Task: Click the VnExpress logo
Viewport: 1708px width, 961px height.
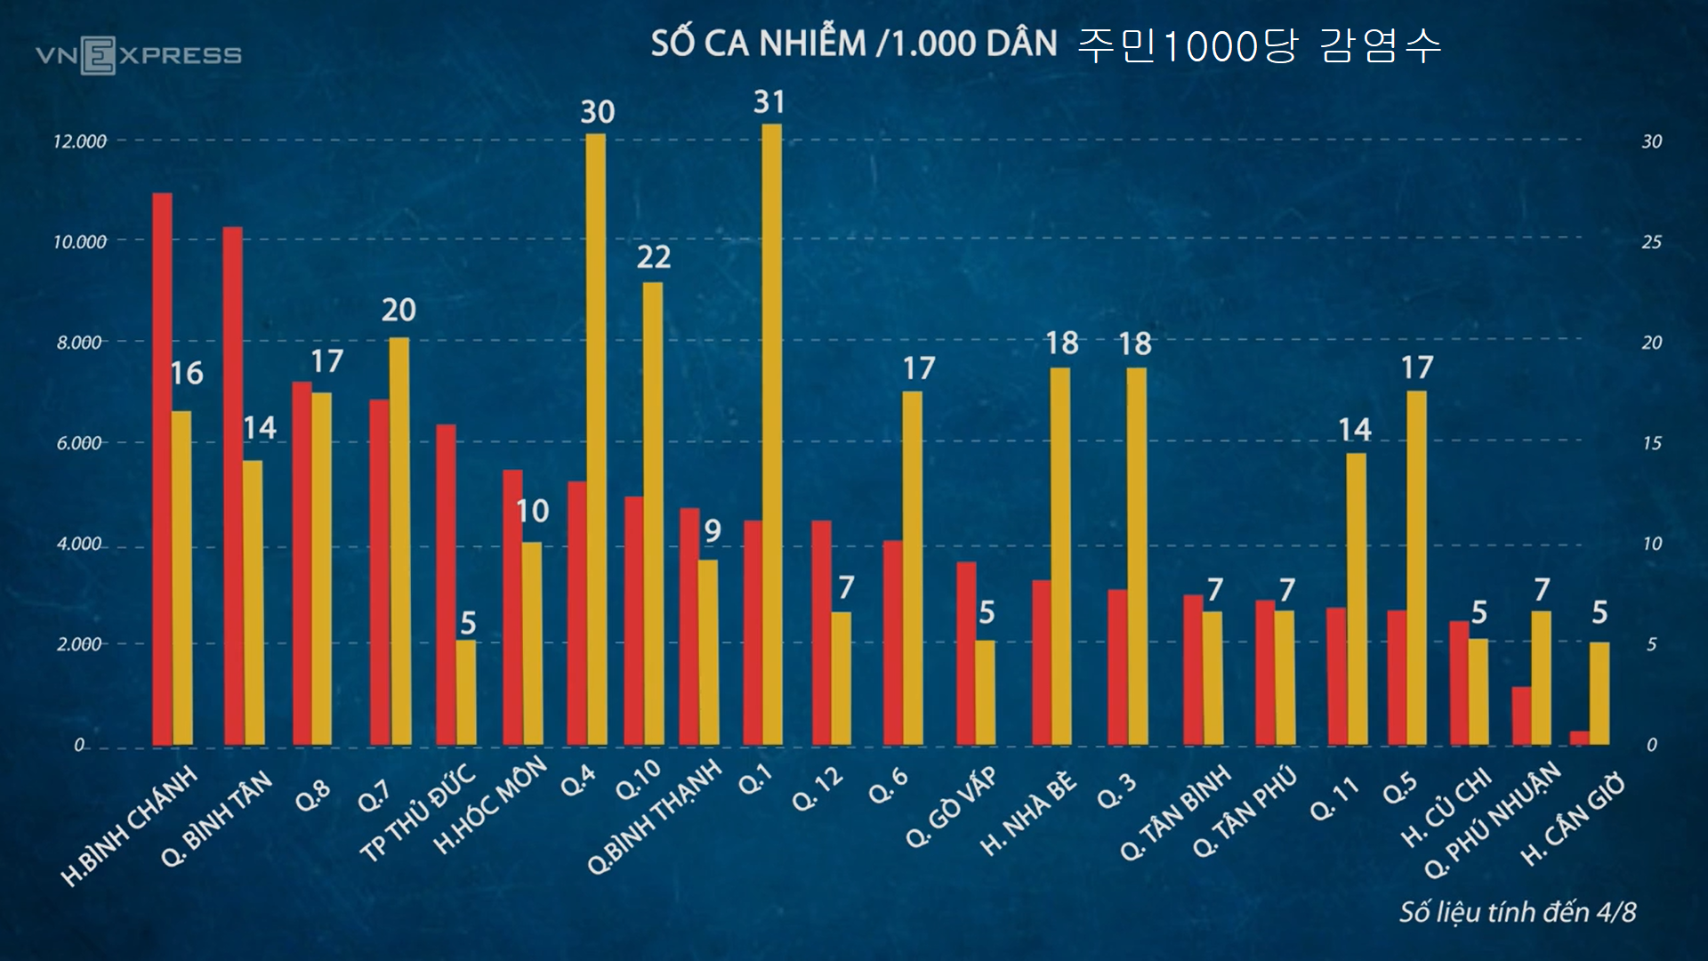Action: [139, 55]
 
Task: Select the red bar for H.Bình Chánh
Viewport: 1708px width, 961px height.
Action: [162, 468]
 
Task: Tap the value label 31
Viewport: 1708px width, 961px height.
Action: [769, 102]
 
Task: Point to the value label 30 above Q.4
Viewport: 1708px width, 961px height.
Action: [597, 112]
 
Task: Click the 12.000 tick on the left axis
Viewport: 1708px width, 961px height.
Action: [79, 141]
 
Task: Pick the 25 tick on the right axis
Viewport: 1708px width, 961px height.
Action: [1651, 242]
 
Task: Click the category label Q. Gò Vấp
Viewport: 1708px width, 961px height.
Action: [951, 806]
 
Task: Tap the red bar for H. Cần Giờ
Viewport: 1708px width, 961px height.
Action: [1580, 738]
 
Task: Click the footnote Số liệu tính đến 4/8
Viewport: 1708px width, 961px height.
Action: [1518, 912]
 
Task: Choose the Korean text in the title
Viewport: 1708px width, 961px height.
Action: [1260, 45]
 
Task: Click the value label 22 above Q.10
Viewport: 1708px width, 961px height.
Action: [653, 257]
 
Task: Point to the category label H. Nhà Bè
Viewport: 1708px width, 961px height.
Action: [1028, 813]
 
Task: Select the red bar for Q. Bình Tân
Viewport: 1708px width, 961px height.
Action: [232, 486]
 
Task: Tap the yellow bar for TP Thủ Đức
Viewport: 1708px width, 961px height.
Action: [466, 692]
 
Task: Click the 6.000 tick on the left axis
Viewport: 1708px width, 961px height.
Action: [79, 443]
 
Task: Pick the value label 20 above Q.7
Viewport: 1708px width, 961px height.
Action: [399, 310]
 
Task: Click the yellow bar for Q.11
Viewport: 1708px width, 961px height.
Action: [1356, 599]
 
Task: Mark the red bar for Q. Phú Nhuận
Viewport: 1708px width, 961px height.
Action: [1521, 715]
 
